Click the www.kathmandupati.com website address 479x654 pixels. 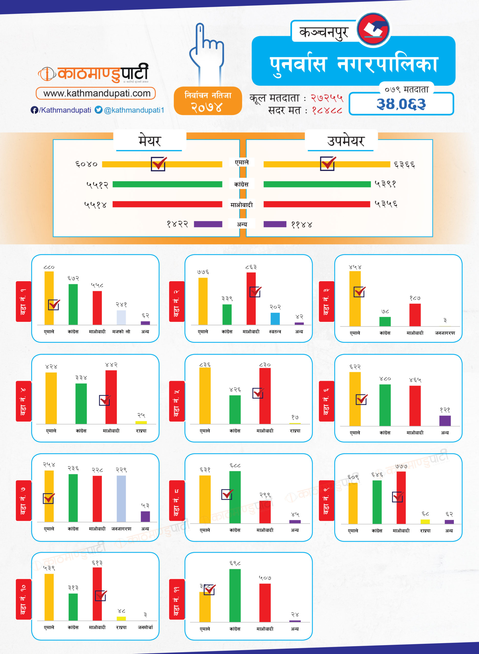[x=97, y=93]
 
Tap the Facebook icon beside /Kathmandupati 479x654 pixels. [x=34, y=110]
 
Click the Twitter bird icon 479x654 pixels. [x=98, y=110]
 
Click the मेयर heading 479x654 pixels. [x=149, y=141]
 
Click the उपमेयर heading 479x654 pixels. [x=345, y=141]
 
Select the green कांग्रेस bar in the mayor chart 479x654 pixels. [x=167, y=184]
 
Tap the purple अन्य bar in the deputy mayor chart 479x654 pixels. [x=275, y=224]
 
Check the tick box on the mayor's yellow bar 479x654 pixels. [x=158, y=164]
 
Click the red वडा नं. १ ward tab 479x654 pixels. [x=23, y=301]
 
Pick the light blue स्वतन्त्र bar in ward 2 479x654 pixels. [x=275, y=319]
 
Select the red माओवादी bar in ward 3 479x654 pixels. [x=415, y=315]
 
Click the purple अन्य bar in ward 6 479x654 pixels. [x=445, y=421]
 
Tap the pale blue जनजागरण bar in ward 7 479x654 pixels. [x=121, y=498]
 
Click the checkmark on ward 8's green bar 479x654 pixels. [x=227, y=494]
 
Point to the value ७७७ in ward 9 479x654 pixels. [x=401, y=466]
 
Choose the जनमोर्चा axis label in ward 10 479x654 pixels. [x=145, y=627]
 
